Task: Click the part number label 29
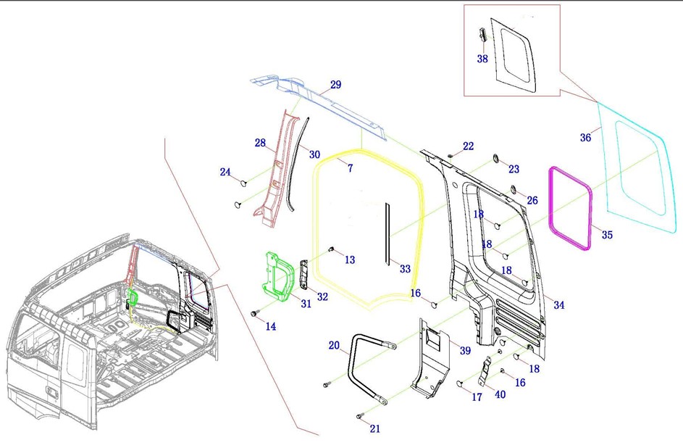click(x=335, y=85)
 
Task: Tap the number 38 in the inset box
click(x=482, y=59)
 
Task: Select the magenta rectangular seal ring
click(x=551, y=210)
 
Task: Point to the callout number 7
click(x=351, y=167)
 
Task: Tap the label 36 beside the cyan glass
click(x=585, y=137)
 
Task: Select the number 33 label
click(x=405, y=269)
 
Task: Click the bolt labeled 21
click(x=360, y=417)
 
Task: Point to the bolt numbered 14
click(x=253, y=314)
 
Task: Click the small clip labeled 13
click(x=331, y=249)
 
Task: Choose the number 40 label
click(x=500, y=394)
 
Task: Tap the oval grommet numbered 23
click(x=496, y=158)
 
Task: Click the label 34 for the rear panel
click(x=559, y=305)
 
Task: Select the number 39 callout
click(x=465, y=350)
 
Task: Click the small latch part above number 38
click(x=482, y=34)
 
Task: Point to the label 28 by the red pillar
click(x=260, y=143)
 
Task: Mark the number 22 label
click(x=469, y=146)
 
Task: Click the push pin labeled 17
click(x=459, y=383)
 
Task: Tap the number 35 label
click(x=607, y=235)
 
